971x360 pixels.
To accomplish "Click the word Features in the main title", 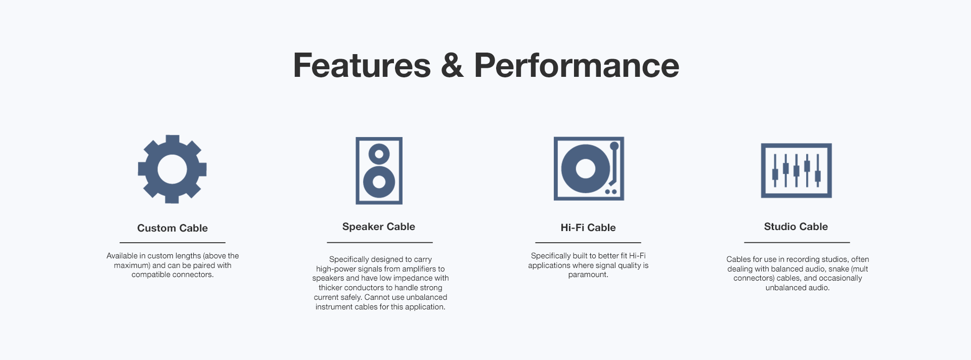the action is pyautogui.click(x=362, y=66).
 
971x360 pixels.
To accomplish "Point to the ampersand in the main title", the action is pyautogui.click(x=452, y=66).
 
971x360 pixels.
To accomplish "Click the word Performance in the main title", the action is pyautogui.click(x=577, y=66).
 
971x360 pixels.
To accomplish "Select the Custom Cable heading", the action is pyautogui.click(x=172, y=228).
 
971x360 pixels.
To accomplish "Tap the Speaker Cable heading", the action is pyautogui.click(x=379, y=227).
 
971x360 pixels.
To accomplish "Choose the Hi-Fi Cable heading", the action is pyautogui.click(x=588, y=228).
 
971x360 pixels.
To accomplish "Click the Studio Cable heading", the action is pyautogui.click(x=796, y=227).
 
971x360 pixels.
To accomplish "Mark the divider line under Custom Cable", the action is pyautogui.click(x=172, y=243).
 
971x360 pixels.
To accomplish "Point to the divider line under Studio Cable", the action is pyautogui.click(x=797, y=243).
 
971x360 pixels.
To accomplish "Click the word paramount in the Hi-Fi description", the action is pyautogui.click(x=588, y=275).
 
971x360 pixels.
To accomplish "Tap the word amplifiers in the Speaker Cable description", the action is pyautogui.click(x=418, y=269).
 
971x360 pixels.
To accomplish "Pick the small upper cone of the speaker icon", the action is pyautogui.click(x=379, y=154).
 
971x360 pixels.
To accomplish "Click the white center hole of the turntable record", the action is pyautogui.click(x=586, y=168).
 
